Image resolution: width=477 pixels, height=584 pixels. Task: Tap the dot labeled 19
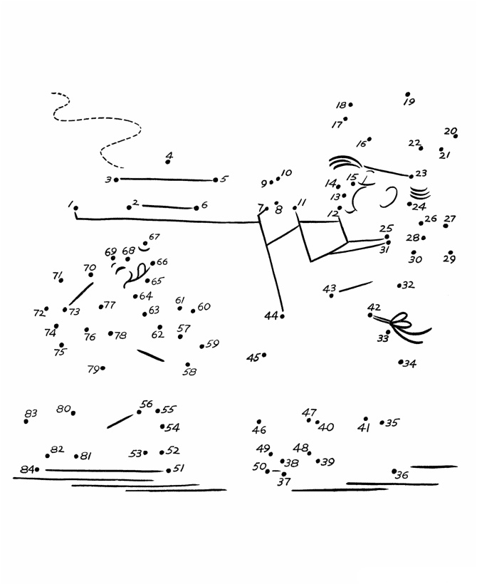(x=407, y=94)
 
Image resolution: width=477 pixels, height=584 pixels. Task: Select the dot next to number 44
(x=283, y=316)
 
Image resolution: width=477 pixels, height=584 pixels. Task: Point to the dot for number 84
(x=37, y=469)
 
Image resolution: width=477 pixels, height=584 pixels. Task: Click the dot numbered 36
(x=394, y=471)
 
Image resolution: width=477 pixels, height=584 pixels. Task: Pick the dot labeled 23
(x=411, y=175)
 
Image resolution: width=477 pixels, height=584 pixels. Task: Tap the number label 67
(x=154, y=237)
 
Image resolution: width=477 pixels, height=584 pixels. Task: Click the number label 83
(x=31, y=413)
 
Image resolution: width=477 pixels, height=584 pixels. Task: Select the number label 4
(x=169, y=155)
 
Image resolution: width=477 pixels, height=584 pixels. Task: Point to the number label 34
(x=410, y=364)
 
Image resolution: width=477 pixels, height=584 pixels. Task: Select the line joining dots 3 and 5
(x=166, y=179)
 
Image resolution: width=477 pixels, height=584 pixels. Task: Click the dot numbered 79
(x=103, y=368)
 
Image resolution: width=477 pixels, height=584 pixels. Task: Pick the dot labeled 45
(x=264, y=355)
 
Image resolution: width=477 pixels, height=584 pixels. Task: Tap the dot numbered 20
(x=456, y=135)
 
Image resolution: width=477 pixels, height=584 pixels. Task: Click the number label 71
(x=57, y=275)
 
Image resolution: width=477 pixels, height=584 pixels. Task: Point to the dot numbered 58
(x=188, y=365)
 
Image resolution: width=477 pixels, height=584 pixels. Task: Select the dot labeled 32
(x=399, y=286)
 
